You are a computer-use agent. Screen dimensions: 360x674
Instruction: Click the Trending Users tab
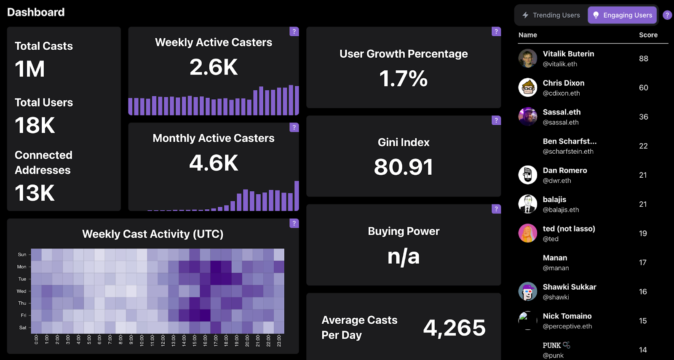(x=551, y=15)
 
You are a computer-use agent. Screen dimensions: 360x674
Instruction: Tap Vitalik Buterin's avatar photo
(x=527, y=59)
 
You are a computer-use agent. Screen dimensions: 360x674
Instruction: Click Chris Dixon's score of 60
(x=643, y=88)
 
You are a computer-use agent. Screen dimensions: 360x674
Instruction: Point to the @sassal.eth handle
(x=560, y=123)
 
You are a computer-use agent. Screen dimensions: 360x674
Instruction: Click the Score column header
(x=648, y=35)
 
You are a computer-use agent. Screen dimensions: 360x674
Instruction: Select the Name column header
(x=527, y=35)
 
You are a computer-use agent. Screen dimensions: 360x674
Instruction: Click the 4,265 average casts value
(x=454, y=328)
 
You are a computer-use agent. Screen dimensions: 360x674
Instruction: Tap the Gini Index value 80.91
(x=403, y=167)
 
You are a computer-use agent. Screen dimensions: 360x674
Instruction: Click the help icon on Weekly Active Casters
(x=294, y=32)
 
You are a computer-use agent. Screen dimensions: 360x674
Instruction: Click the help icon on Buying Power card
(x=496, y=209)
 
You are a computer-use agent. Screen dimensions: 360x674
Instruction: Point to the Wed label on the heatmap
(x=21, y=291)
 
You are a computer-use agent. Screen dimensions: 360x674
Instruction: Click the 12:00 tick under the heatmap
(x=163, y=340)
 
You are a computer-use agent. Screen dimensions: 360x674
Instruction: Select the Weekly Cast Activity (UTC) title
(x=152, y=234)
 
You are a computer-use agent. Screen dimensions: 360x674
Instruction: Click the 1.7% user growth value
(x=403, y=79)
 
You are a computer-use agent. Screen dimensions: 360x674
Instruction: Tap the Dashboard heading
(x=36, y=12)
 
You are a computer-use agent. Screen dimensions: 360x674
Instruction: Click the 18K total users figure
(x=35, y=125)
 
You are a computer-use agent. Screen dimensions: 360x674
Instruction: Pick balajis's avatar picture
(x=527, y=204)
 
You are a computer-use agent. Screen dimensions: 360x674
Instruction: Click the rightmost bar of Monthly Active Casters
(x=297, y=196)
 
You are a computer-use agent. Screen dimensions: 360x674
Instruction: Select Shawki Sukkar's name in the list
(x=569, y=287)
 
